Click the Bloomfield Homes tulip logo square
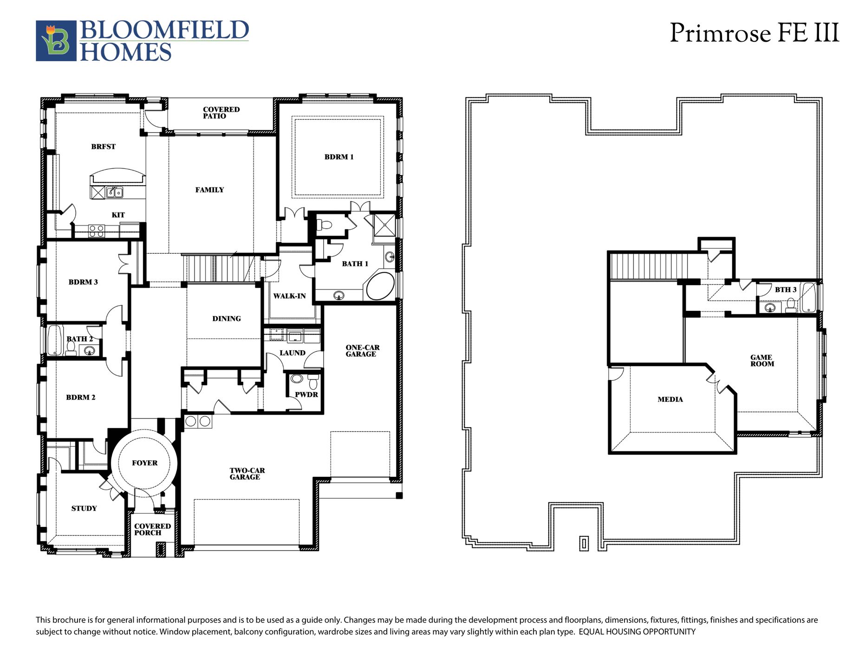click(x=56, y=41)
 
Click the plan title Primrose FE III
click(x=754, y=33)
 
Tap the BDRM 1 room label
click(x=339, y=157)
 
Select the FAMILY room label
click(x=209, y=190)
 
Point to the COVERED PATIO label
click(x=221, y=113)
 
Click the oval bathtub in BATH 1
click(x=381, y=286)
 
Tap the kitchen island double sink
click(x=114, y=192)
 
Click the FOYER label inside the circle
click(x=144, y=463)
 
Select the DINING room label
click(x=227, y=319)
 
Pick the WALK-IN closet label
click(x=289, y=296)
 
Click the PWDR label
click(x=306, y=395)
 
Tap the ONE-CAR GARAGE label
click(x=362, y=351)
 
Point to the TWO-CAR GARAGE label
click(x=247, y=474)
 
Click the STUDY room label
click(x=84, y=508)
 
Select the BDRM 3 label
click(x=83, y=282)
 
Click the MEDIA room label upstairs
click(x=670, y=399)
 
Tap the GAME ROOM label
click(x=762, y=360)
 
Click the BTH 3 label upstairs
click(x=786, y=289)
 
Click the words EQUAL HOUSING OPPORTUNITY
click(x=637, y=632)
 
